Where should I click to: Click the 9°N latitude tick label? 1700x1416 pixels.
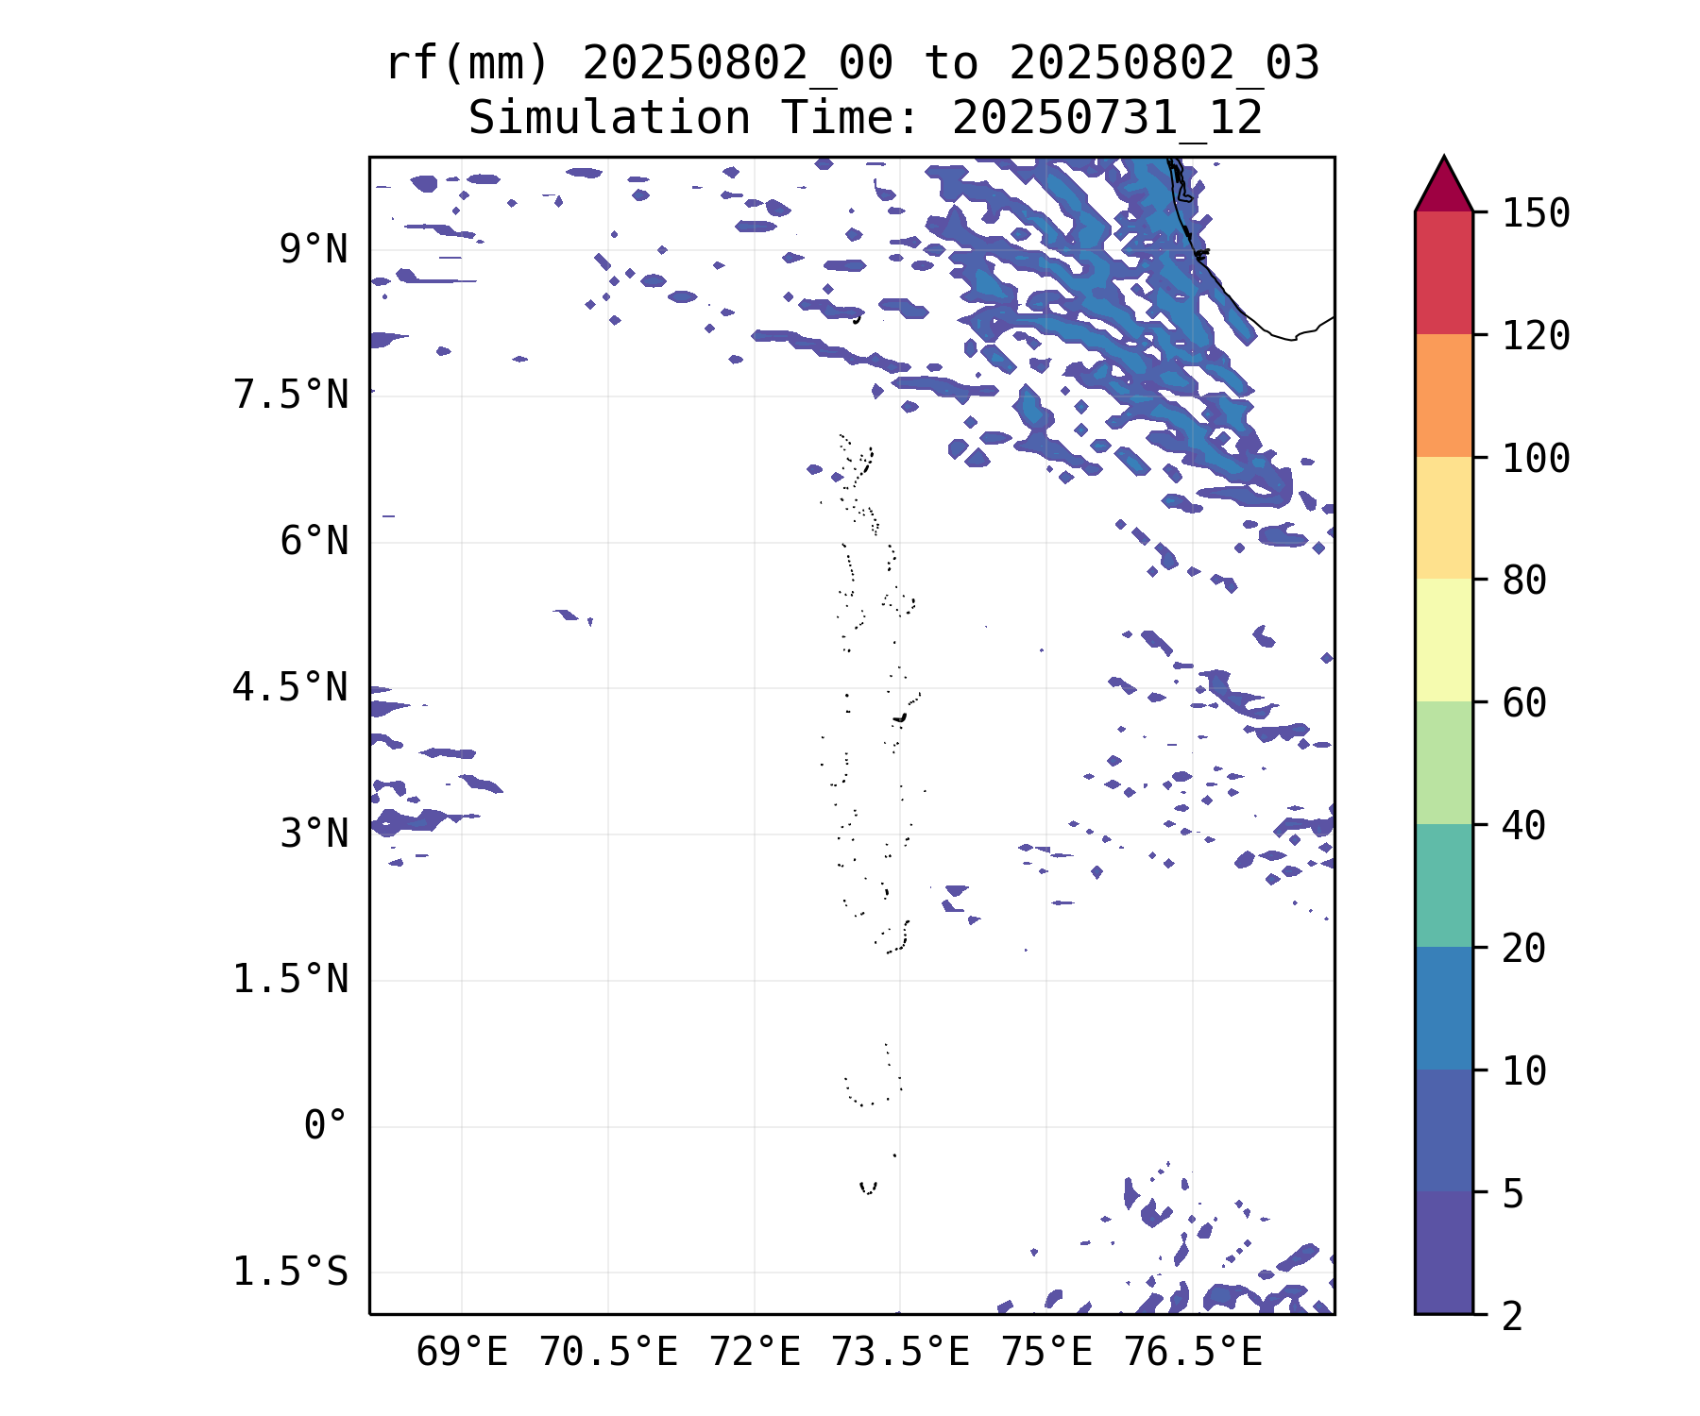(x=314, y=250)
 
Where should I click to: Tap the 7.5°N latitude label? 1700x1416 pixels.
(x=291, y=396)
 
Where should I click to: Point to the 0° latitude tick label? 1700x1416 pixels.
(x=325, y=1125)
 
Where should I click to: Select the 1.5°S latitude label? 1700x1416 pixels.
(x=291, y=1273)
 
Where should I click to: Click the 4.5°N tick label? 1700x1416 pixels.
(x=291, y=687)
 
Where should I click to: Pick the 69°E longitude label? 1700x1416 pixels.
(x=462, y=1353)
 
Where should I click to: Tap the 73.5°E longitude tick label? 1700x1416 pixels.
(x=900, y=1353)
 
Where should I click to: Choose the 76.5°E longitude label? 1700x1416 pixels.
(x=1192, y=1353)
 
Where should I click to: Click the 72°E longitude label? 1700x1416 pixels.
(x=755, y=1353)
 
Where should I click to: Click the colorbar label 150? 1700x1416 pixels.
(x=1536, y=213)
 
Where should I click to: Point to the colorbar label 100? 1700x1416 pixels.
(x=1536, y=459)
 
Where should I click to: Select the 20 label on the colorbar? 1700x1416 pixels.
(x=1524, y=949)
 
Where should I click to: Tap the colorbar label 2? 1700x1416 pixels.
(x=1513, y=1316)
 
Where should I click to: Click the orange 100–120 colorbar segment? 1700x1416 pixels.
(x=1443, y=396)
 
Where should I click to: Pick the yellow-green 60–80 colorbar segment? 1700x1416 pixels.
(x=1443, y=640)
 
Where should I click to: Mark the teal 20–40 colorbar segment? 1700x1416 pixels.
(x=1443, y=885)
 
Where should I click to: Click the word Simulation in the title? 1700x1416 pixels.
(x=609, y=119)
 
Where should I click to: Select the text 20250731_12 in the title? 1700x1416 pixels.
(x=1107, y=119)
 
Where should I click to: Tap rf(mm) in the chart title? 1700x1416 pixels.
(x=467, y=64)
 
